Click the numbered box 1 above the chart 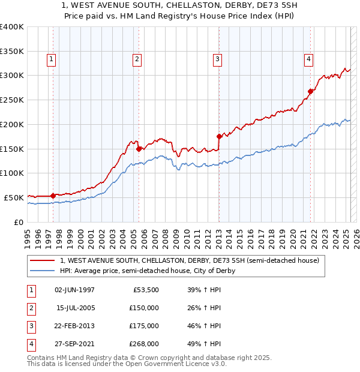click(x=52, y=59)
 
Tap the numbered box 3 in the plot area click(x=217, y=59)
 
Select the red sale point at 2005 click(x=139, y=148)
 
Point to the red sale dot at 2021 click(x=311, y=91)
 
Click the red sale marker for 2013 click(x=219, y=136)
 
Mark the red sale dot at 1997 click(x=53, y=195)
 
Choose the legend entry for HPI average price click(x=148, y=271)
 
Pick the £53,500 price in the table click(x=145, y=290)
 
